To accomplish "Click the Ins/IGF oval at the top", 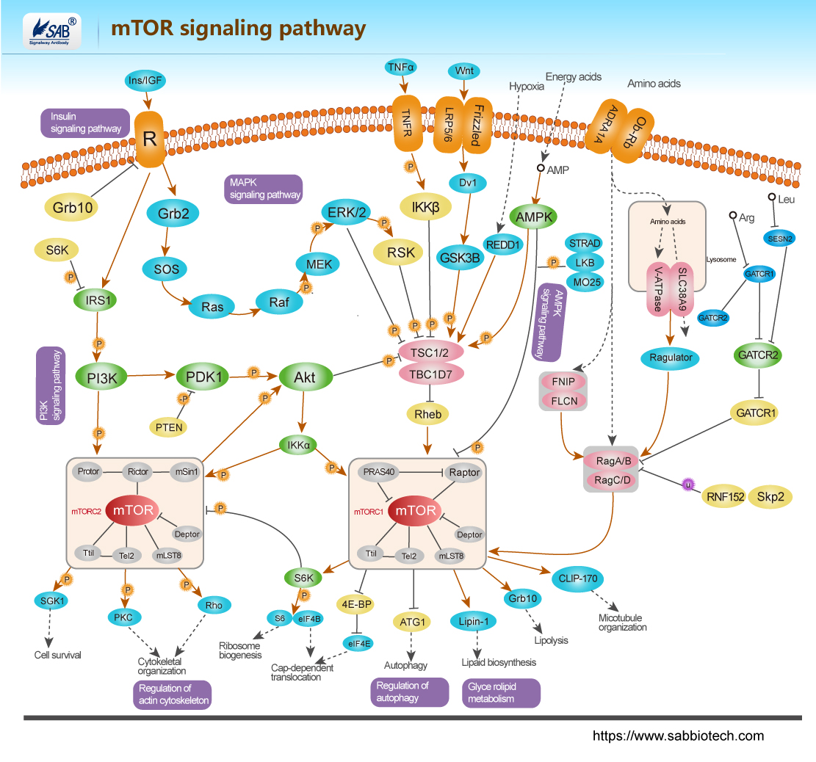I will click(146, 79).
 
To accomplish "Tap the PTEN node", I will click(168, 426).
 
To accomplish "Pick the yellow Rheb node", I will click(428, 414).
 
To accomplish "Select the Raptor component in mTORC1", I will click(464, 473).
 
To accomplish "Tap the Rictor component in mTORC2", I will click(138, 472).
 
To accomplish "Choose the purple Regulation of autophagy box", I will click(409, 692).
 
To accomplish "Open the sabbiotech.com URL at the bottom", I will click(678, 736).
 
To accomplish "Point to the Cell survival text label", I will click(58, 655).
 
